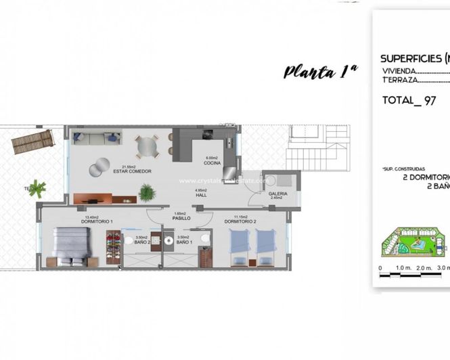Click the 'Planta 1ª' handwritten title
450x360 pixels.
320,70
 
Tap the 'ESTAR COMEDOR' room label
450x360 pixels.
132,171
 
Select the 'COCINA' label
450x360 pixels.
212,163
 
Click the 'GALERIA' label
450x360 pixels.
277,194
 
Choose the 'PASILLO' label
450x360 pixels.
181,219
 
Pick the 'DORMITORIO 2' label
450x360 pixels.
240,221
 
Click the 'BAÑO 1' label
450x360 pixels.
182,242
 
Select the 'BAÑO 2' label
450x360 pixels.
142,242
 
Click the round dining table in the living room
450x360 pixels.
145,145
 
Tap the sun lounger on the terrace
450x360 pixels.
32,141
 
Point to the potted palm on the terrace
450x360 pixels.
39,187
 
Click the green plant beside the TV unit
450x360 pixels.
147,193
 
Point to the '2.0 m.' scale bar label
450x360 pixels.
424,268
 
